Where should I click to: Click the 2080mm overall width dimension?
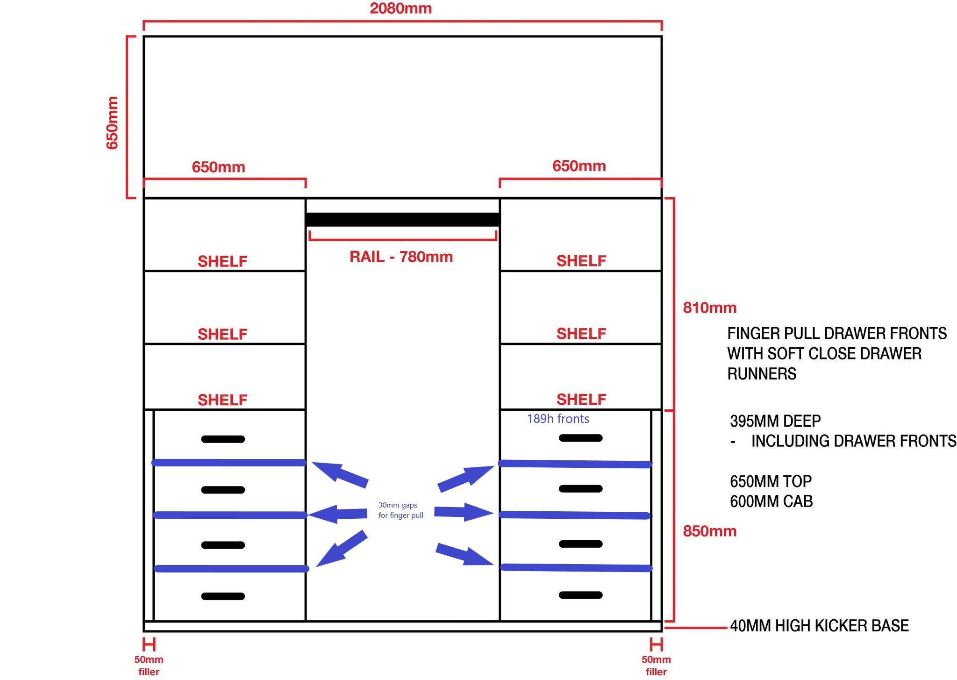(400, 8)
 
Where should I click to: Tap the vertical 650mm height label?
(113, 122)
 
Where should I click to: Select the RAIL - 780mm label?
(401, 257)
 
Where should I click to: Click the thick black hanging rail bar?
(402, 219)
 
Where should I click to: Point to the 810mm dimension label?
(709, 308)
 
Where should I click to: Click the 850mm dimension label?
(709, 531)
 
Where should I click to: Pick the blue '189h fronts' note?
(558, 419)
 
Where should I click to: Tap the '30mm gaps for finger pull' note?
(400, 510)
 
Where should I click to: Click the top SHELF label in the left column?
(222, 261)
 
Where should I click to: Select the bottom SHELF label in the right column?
(581, 399)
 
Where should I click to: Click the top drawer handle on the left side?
(223, 439)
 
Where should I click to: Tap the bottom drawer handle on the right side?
(580, 595)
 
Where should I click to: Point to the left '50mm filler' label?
(149, 666)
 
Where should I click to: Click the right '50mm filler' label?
(656, 666)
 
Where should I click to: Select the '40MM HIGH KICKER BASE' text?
(819, 625)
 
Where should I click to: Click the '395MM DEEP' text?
(775, 421)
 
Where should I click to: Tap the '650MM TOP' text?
(771, 481)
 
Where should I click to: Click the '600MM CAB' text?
(771, 501)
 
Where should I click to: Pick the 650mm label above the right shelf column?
(579, 166)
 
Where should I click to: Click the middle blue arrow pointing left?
(337, 514)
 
